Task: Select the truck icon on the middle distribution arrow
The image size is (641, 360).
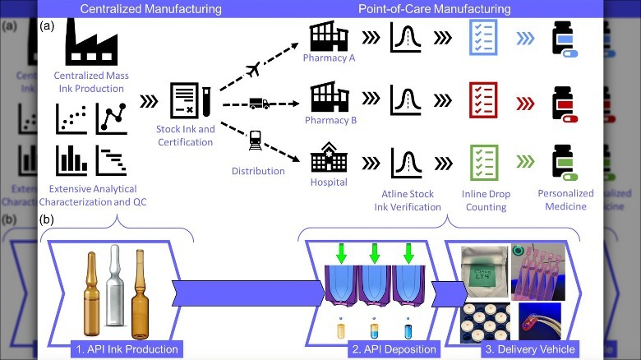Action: [257, 104]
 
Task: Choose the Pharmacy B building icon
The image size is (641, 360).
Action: [326, 96]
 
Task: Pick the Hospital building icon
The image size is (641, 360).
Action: [327, 153]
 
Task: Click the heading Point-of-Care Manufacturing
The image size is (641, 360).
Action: [434, 9]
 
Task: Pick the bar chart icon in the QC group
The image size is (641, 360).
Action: [71, 159]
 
